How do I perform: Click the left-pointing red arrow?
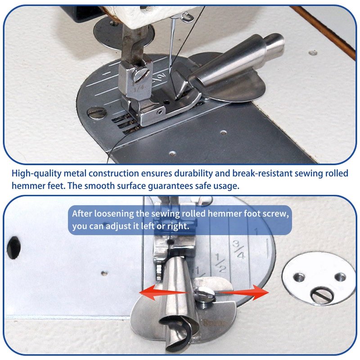tap(163, 292)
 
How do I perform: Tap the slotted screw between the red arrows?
tap(205, 295)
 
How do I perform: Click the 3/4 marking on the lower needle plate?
tap(239, 249)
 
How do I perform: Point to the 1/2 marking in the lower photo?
tap(220, 263)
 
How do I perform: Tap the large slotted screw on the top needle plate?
tap(97, 112)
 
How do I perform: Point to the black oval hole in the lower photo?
tap(14, 248)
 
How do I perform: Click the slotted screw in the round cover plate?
tap(321, 296)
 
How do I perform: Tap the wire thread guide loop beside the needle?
tap(186, 17)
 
